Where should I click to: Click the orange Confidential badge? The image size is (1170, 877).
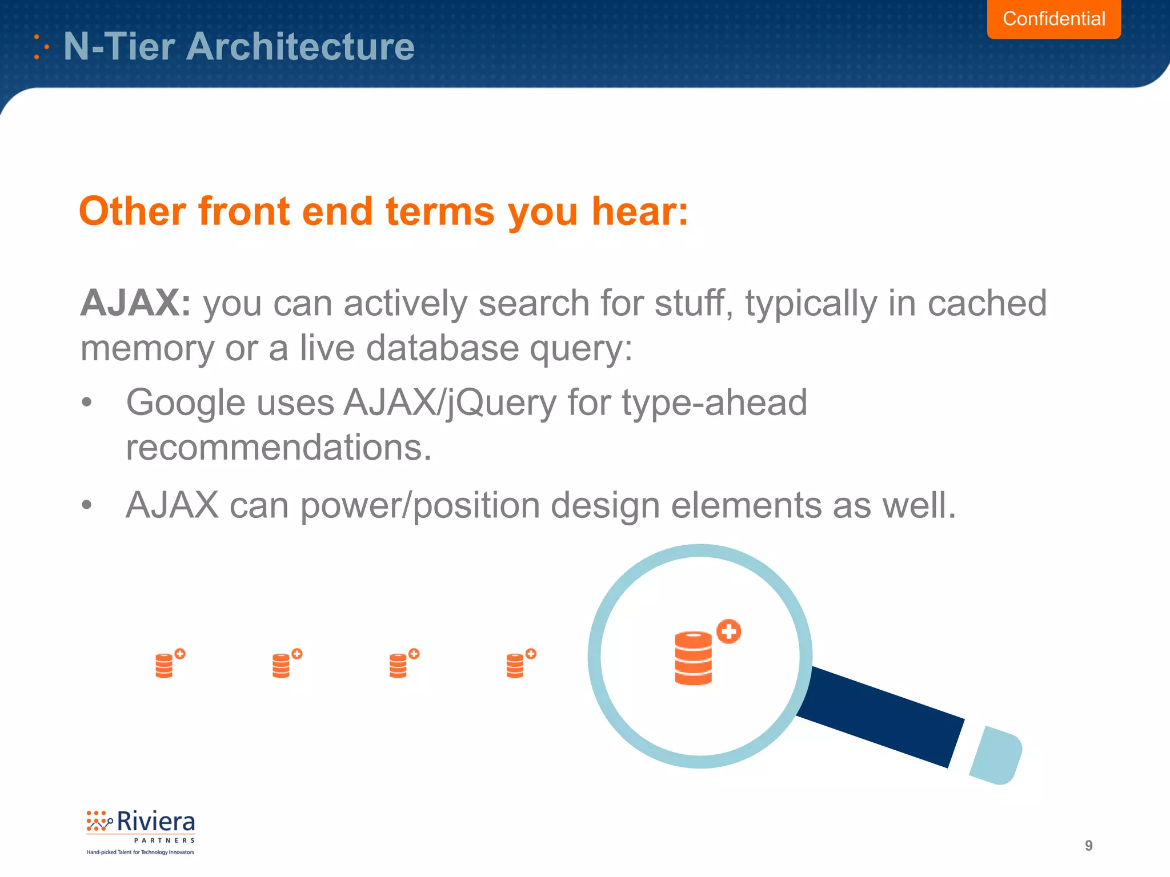pyautogui.click(x=1053, y=19)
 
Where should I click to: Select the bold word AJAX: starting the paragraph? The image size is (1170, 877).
pyautogui.click(x=135, y=303)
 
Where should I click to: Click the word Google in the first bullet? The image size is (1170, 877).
pyautogui.click(x=186, y=403)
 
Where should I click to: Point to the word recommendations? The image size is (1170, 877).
pyautogui.click(x=278, y=447)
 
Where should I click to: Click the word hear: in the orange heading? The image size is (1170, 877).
pyautogui.click(x=640, y=211)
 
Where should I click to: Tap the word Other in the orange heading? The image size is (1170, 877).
pyautogui.click(x=132, y=211)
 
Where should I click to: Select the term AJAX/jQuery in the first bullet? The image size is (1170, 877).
pyautogui.click(x=450, y=403)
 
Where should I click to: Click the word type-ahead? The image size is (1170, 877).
pyautogui.click(x=714, y=403)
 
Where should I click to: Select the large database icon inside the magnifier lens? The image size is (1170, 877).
pyautogui.click(x=693, y=658)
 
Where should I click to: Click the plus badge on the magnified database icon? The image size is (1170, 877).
pyautogui.click(x=728, y=631)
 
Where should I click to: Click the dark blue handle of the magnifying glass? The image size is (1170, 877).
pyautogui.click(x=880, y=717)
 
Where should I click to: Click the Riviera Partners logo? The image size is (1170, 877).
pyautogui.click(x=141, y=831)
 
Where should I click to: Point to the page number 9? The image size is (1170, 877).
pyautogui.click(x=1088, y=846)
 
